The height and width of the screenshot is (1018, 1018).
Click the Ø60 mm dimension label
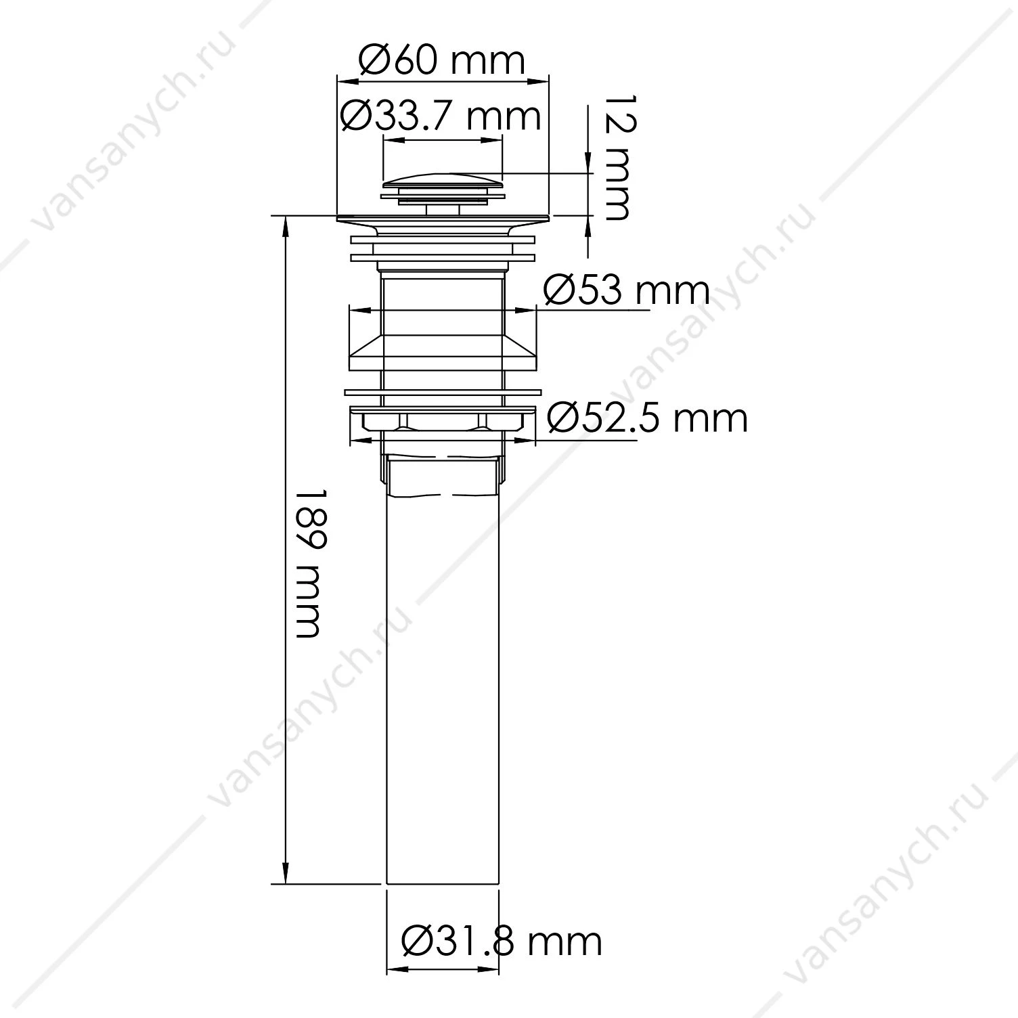[441, 62]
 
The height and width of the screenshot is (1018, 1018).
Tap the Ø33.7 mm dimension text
[441, 116]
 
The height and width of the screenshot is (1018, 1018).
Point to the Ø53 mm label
[627, 291]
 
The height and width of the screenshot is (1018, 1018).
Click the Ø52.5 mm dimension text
[647, 418]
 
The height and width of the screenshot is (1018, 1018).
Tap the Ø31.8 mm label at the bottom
[501, 941]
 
